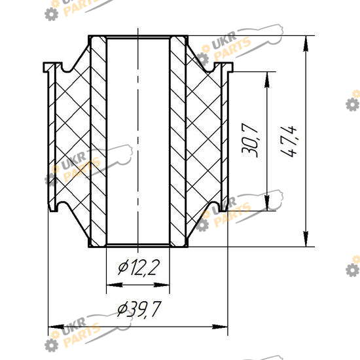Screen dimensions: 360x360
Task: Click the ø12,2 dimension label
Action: click(x=139, y=268)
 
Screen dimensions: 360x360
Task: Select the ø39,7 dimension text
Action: click(x=139, y=309)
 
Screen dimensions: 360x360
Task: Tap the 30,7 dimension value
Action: click(x=250, y=141)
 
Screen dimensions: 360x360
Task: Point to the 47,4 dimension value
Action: click(x=289, y=141)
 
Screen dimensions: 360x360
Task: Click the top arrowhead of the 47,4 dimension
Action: click(x=306, y=44)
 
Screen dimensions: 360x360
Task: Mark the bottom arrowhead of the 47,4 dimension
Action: click(x=306, y=239)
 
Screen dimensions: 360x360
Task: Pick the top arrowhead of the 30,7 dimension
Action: click(x=267, y=80)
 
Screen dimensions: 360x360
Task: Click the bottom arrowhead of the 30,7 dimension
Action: click(x=267, y=203)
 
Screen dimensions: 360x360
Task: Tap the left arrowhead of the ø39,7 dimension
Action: click(x=56, y=327)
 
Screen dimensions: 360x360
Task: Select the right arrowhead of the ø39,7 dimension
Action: click(x=220, y=327)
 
